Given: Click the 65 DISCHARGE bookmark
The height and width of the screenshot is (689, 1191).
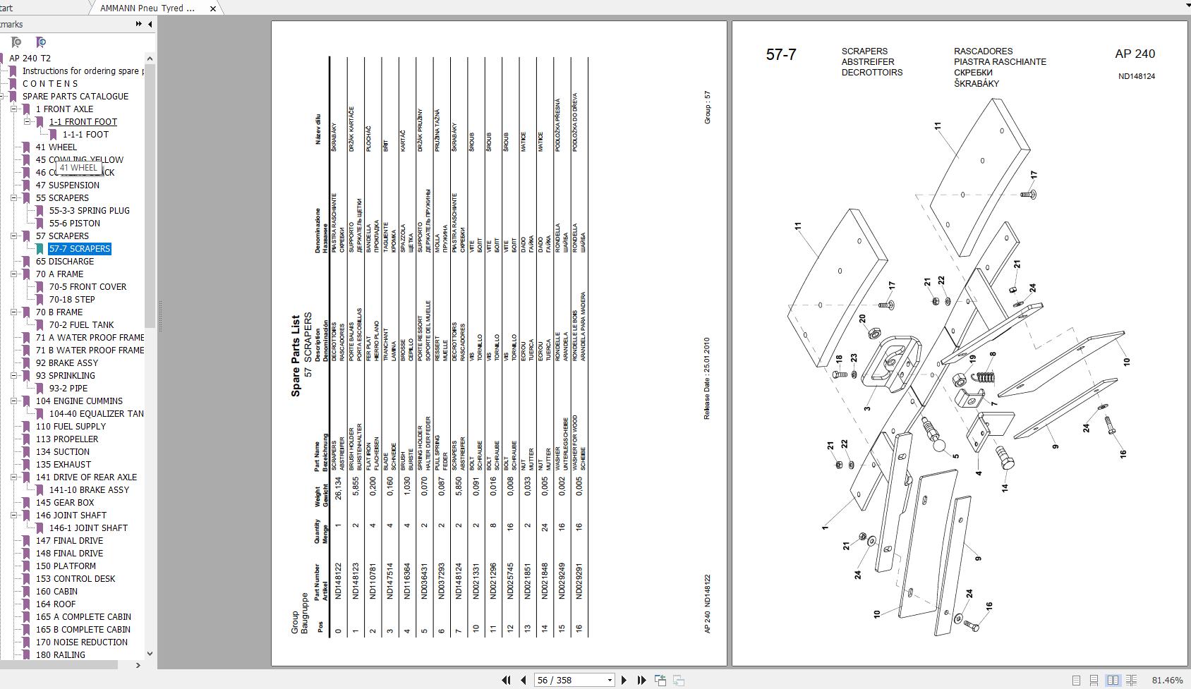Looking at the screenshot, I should point(64,262).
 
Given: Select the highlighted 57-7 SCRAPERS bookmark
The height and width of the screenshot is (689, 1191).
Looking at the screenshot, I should point(79,249).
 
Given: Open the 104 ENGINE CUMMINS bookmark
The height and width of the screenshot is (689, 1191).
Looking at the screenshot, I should point(79,401).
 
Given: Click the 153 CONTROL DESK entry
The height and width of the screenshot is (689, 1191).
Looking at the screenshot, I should point(75,579).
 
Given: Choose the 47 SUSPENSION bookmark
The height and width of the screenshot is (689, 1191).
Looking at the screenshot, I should point(67,185).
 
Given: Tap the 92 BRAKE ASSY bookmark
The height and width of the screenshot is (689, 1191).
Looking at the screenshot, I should point(67,363).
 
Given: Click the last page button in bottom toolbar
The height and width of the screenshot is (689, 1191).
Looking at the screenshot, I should point(641,680).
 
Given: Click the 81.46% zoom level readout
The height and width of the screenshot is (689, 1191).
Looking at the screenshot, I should point(1167,680).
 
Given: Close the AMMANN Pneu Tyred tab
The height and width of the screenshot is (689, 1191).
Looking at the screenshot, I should point(213,8).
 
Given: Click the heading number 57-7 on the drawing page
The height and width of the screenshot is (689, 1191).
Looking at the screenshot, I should point(781,55).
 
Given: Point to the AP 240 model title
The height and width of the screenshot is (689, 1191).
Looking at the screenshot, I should point(1135,54).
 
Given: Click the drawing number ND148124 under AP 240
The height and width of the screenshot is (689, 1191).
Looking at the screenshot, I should point(1136,76).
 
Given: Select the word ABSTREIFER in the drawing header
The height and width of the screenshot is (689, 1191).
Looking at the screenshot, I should point(867,62).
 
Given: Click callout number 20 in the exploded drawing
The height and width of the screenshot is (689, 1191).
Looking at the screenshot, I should point(862,319).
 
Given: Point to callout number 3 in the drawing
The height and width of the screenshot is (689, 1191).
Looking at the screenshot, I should point(867,408).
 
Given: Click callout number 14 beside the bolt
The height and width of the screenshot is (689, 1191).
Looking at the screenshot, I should point(1004,487).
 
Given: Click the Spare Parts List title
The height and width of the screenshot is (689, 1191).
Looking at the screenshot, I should point(296,355).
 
